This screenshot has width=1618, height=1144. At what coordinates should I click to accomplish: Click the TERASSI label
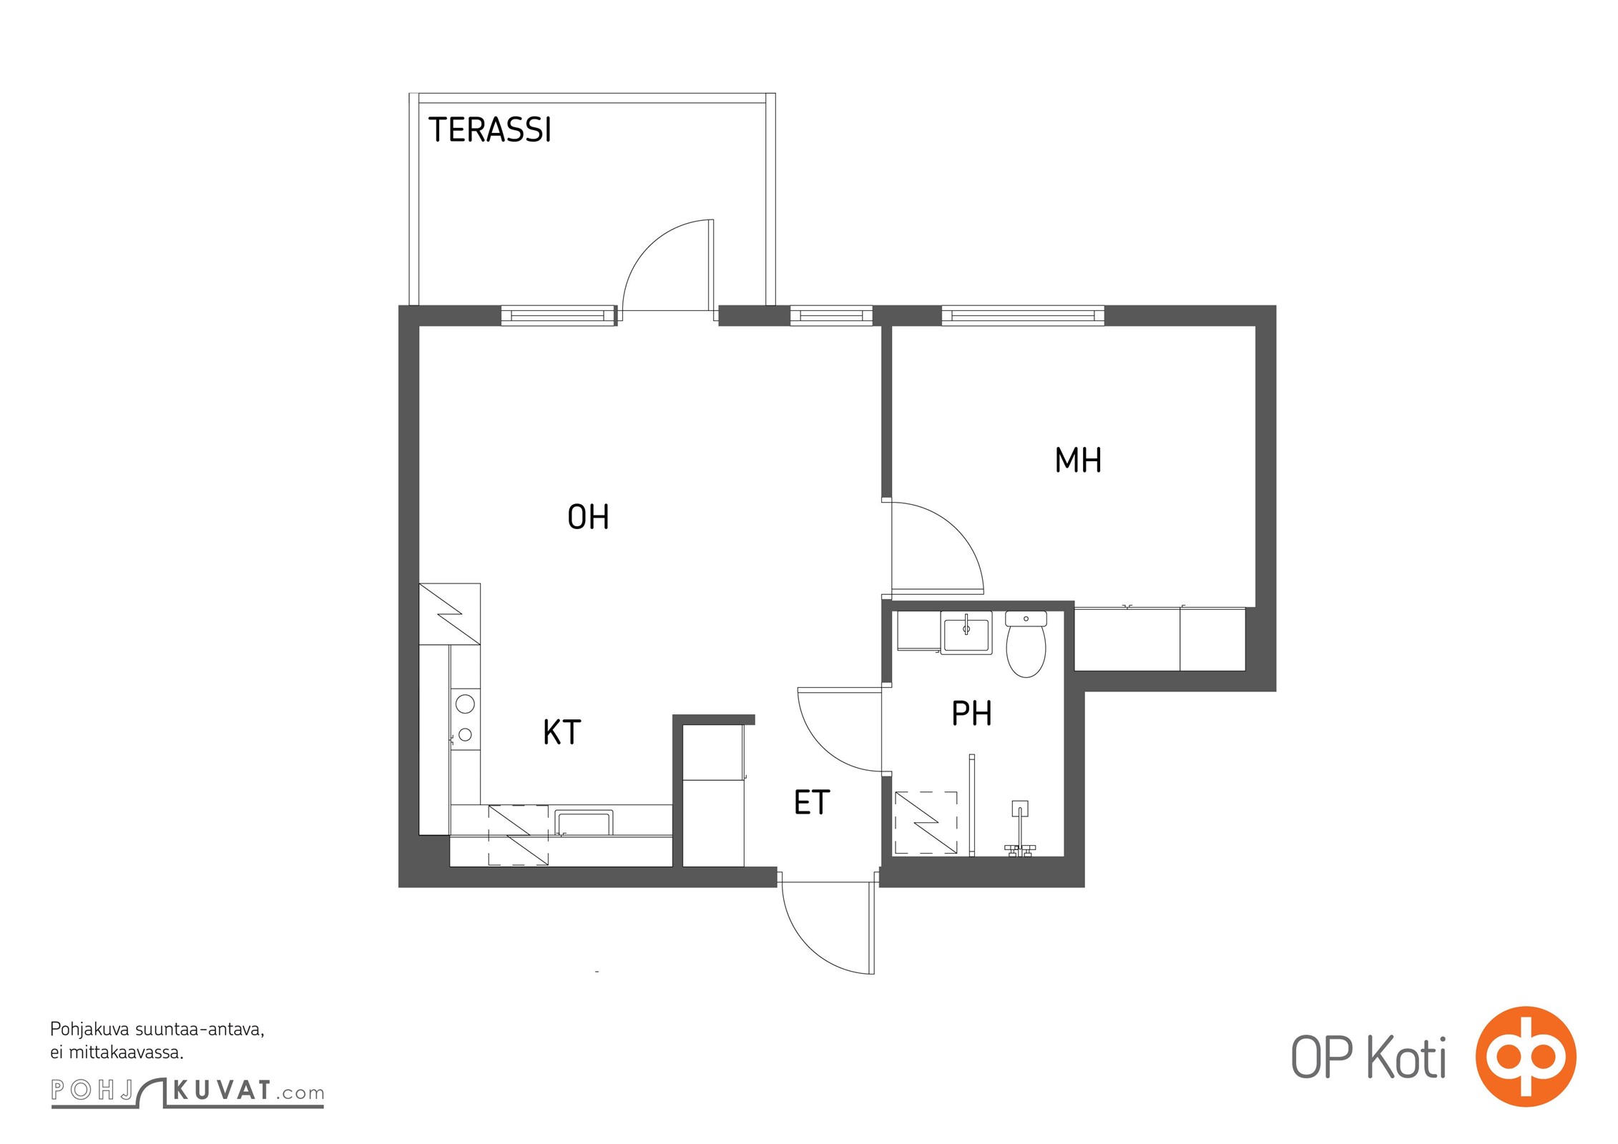click(x=490, y=130)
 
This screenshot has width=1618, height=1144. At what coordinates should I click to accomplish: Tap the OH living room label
click(x=588, y=517)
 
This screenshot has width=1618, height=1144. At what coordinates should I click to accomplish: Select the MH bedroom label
click(x=1078, y=460)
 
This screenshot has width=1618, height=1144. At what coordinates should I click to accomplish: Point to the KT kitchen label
click(x=562, y=732)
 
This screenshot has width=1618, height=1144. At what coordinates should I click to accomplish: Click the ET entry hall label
click(x=812, y=802)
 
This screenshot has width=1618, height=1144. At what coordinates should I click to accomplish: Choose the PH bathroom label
click(x=971, y=713)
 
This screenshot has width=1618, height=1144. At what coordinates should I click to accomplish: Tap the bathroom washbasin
click(x=966, y=633)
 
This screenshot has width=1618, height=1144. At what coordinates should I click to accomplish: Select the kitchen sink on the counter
click(x=584, y=822)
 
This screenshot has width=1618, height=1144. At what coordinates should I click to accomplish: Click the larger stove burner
click(x=465, y=704)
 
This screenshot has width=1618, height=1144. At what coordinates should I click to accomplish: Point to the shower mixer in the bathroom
click(x=1020, y=829)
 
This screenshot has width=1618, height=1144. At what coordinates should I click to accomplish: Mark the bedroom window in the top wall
click(x=1023, y=315)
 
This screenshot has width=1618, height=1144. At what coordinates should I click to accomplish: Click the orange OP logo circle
click(x=1526, y=1056)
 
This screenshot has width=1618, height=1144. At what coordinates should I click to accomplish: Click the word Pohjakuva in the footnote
click(x=90, y=1030)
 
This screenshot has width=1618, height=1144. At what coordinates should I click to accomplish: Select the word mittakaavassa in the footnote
click(x=127, y=1052)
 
